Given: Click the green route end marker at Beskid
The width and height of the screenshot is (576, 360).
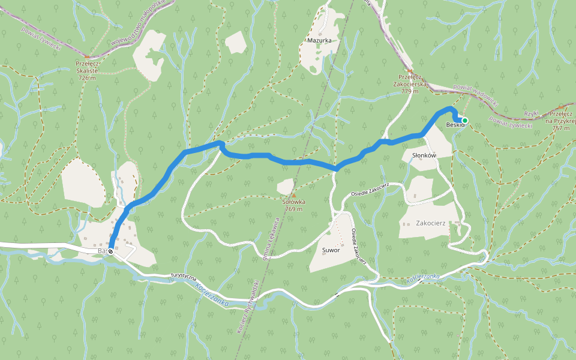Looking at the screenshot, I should coord(465,121).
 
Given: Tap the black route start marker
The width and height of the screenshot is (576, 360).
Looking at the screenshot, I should coord(111,251).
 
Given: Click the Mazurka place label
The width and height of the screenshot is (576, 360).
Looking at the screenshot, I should coord(319,41).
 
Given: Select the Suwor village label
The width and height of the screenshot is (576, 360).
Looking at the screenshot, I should coord(331,250).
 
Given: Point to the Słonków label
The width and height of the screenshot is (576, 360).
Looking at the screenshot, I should coord(424,155).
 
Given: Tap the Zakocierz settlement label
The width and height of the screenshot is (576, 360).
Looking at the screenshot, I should coord(430,223).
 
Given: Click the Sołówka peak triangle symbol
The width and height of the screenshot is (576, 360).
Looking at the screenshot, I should coord(293,195).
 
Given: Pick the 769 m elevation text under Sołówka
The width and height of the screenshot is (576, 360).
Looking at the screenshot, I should coord(293,209).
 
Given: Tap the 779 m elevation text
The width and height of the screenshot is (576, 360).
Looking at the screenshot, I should coord(409,91).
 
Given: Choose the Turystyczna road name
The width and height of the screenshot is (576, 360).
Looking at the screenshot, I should coord(184,275).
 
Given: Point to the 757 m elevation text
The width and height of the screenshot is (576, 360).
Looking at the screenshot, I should coord(560,128).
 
